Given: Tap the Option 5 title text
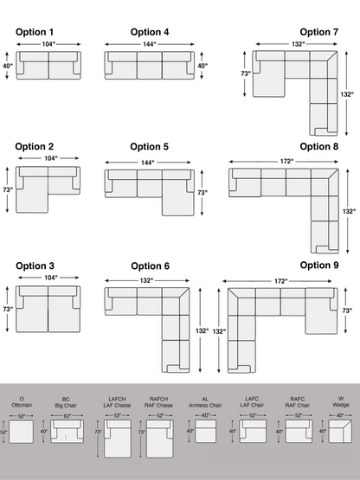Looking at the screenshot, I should [150, 147].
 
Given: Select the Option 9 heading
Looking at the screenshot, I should [318, 266].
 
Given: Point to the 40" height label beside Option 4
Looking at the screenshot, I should [202, 66].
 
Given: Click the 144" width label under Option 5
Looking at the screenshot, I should [147, 163].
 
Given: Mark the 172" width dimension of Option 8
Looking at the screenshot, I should [285, 162].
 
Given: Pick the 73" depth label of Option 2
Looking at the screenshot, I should [7, 189].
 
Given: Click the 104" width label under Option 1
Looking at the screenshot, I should [48, 43].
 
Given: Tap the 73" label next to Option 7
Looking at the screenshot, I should [246, 74].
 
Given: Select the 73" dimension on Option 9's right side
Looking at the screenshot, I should [347, 310].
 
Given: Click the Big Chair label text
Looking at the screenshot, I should [67, 404].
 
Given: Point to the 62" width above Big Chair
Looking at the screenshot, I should [67, 416].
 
